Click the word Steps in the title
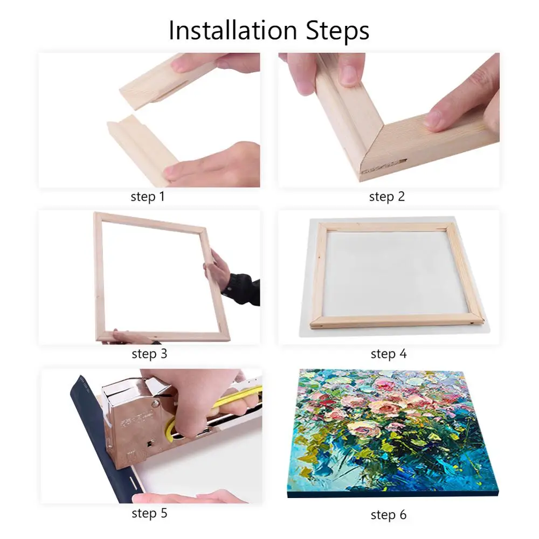[x=334, y=31]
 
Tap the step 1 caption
[x=147, y=197]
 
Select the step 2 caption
[x=386, y=197]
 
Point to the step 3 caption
[x=149, y=354]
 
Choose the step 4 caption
[x=388, y=354]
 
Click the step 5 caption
[x=149, y=514]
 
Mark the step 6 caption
[x=388, y=515]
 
